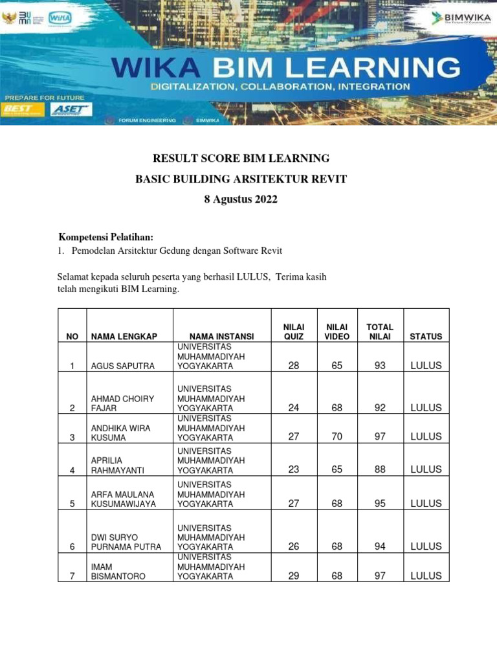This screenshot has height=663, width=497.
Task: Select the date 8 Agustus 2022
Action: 241,199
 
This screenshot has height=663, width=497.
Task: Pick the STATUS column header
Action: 426,337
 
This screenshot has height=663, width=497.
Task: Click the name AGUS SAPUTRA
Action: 123,366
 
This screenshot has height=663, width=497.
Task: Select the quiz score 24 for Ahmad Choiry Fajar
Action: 294,408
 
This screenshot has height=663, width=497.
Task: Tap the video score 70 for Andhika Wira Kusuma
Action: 337,437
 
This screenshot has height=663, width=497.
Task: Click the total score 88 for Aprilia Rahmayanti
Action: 380,470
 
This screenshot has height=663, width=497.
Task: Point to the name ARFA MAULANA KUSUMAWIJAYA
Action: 123,499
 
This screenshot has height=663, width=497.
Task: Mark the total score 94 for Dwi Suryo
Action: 380,546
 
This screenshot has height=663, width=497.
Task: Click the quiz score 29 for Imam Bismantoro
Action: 294,576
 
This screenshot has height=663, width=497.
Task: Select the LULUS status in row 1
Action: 426,366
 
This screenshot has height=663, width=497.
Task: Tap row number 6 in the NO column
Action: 72,546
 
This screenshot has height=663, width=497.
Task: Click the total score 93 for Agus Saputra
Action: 380,366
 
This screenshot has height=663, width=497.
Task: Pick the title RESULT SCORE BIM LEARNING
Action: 241,158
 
